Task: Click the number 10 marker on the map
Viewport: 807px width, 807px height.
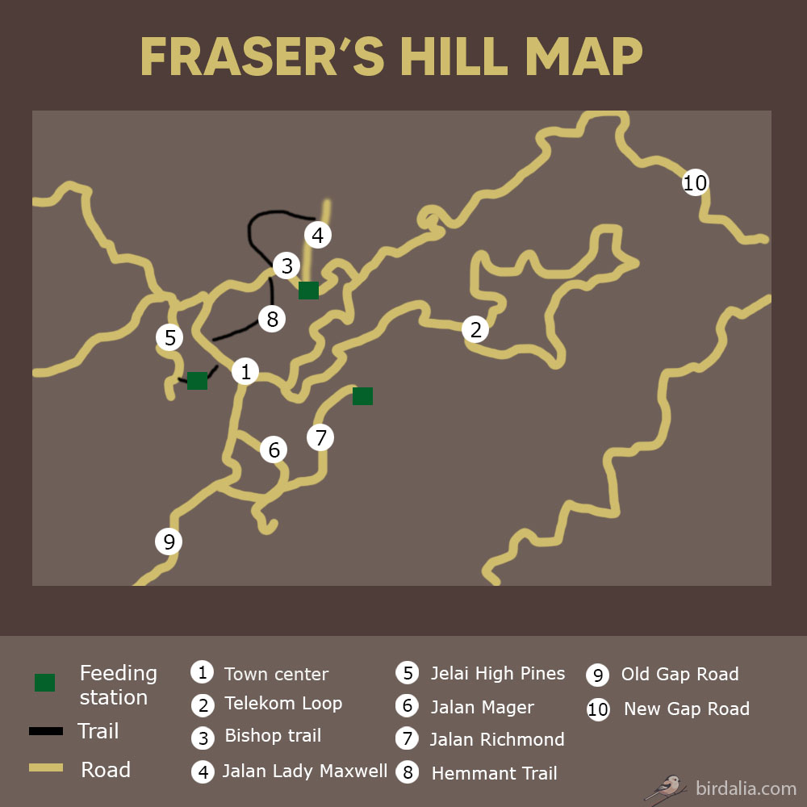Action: point(695,183)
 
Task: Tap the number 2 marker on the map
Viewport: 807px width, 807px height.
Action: point(475,329)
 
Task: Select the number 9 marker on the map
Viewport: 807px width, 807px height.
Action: point(169,541)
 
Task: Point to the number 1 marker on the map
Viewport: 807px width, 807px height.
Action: point(245,371)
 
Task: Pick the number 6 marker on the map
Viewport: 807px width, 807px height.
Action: point(274,449)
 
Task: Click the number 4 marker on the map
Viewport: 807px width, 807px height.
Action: point(318,235)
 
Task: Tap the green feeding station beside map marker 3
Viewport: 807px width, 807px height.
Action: point(308,291)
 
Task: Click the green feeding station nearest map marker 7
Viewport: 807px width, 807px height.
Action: point(362,395)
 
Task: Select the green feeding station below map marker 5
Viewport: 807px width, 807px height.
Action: point(197,381)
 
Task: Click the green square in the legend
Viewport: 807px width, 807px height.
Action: point(44,683)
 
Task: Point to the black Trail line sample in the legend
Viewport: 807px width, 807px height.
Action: point(46,732)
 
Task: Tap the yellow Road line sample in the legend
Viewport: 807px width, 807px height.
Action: point(46,768)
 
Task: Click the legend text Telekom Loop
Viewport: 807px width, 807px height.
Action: point(283,704)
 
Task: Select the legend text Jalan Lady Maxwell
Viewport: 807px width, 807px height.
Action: point(305,771)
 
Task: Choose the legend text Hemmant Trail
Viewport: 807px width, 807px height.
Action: point(494,773)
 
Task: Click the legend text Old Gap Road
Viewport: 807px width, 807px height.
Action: point(679,674)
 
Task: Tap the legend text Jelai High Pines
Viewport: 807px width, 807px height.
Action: point(497,673)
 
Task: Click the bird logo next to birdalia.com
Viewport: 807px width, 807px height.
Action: point(667,786)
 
